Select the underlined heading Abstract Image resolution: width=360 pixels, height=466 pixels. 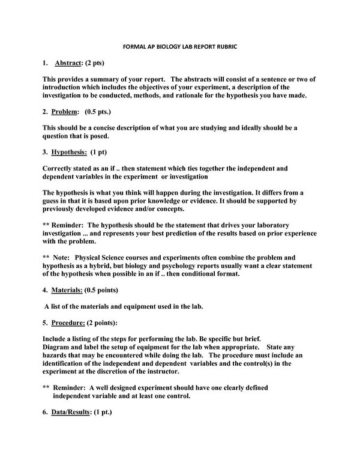pyautogui.click(x=71, y=63)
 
